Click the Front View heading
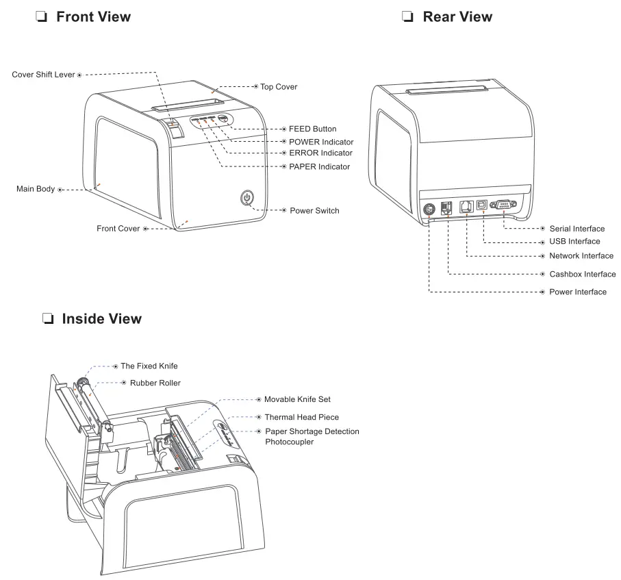tap(93, 16)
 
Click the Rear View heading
tap(457, 16)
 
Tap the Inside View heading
tap(101, 318)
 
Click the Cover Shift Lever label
tap(43, 74)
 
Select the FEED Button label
tap(312, 129)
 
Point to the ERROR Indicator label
tap(320, 153)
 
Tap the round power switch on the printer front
tap(247, 199)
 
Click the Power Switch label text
tap(314, 210)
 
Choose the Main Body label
tap(36, 188)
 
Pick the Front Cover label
tap(118, 229)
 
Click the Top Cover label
tap(279, 87)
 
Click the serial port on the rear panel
tap(504, 206)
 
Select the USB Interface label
tap(574, 241)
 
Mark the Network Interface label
tap(581, 255)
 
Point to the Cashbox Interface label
tap(582, 274)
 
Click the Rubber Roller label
tap(155, 383)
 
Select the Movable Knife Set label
tap(297, 399)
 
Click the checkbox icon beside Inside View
tap(47, 319)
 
